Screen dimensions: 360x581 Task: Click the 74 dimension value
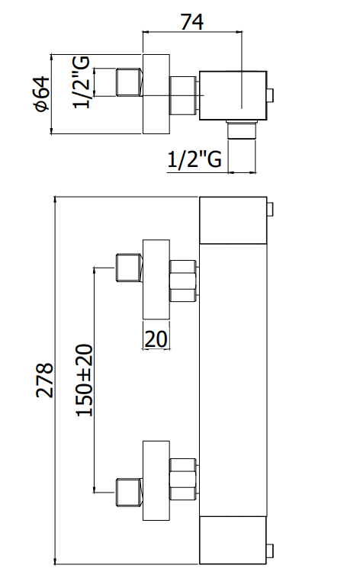tap(192, 22)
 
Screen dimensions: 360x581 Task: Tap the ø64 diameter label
tap(41, 93)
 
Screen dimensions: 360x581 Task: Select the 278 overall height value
tap(45, 380)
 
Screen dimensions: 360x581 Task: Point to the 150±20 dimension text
tap(84, 380)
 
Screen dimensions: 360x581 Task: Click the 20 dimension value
tap(156, 339)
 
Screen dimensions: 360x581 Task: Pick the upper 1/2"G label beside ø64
tap(81, 82)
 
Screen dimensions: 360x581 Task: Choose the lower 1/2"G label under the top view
tap(194, 159)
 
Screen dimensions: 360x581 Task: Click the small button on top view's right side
tap(270, 95)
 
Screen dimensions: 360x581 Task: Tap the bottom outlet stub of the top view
tap(241, 130)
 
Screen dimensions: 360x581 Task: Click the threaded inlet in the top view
tap(130, 82)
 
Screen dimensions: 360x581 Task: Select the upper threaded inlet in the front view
tap(130, 268)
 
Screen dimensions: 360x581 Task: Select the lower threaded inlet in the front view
tap(130, 493)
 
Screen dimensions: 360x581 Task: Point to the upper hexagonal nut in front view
tap(183, 281)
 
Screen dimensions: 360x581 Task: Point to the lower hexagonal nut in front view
tap(183, 479)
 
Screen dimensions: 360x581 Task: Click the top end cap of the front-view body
tap(233, 220)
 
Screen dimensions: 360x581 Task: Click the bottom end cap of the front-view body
tap(233, 541)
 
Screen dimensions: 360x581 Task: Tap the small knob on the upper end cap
tap(270, 209)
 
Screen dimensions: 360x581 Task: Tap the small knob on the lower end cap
tap(270, 551)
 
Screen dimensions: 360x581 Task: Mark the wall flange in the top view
tap(156, 94)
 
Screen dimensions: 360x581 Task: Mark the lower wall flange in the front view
tap(156, 480)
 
